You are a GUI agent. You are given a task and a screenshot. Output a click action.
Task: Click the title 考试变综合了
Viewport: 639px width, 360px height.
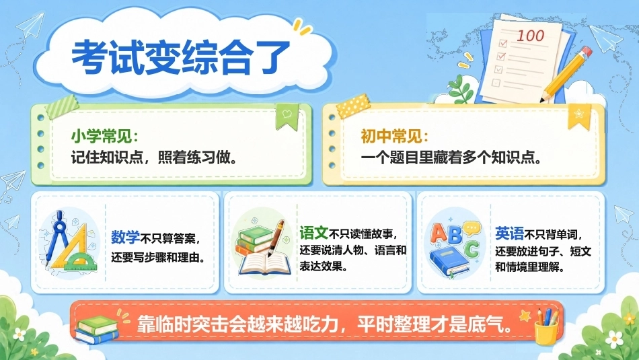coord(181,57)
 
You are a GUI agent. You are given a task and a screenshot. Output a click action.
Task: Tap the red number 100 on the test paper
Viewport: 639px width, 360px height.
coord(530,36)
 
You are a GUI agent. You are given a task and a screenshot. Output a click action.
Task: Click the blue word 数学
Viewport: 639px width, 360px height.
coord(126,238)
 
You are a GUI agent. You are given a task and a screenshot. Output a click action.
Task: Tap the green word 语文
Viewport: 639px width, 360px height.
coord(314,233)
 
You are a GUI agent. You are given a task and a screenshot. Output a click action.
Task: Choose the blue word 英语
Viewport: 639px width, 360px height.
coord(509,233)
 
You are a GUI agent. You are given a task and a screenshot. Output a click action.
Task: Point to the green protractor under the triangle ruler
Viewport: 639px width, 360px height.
coord(81,261)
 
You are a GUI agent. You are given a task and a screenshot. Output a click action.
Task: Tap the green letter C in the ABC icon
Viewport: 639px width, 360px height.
coord(471,249)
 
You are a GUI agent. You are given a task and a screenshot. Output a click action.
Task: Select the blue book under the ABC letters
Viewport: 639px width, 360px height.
coord(449,262)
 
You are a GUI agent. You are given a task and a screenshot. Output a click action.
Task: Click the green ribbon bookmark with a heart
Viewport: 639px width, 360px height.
coord(287,116)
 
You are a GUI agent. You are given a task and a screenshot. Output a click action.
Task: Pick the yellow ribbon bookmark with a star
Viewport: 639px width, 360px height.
coord(579,116)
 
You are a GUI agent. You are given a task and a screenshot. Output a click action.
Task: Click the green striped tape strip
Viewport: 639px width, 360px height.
coord(63,107)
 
